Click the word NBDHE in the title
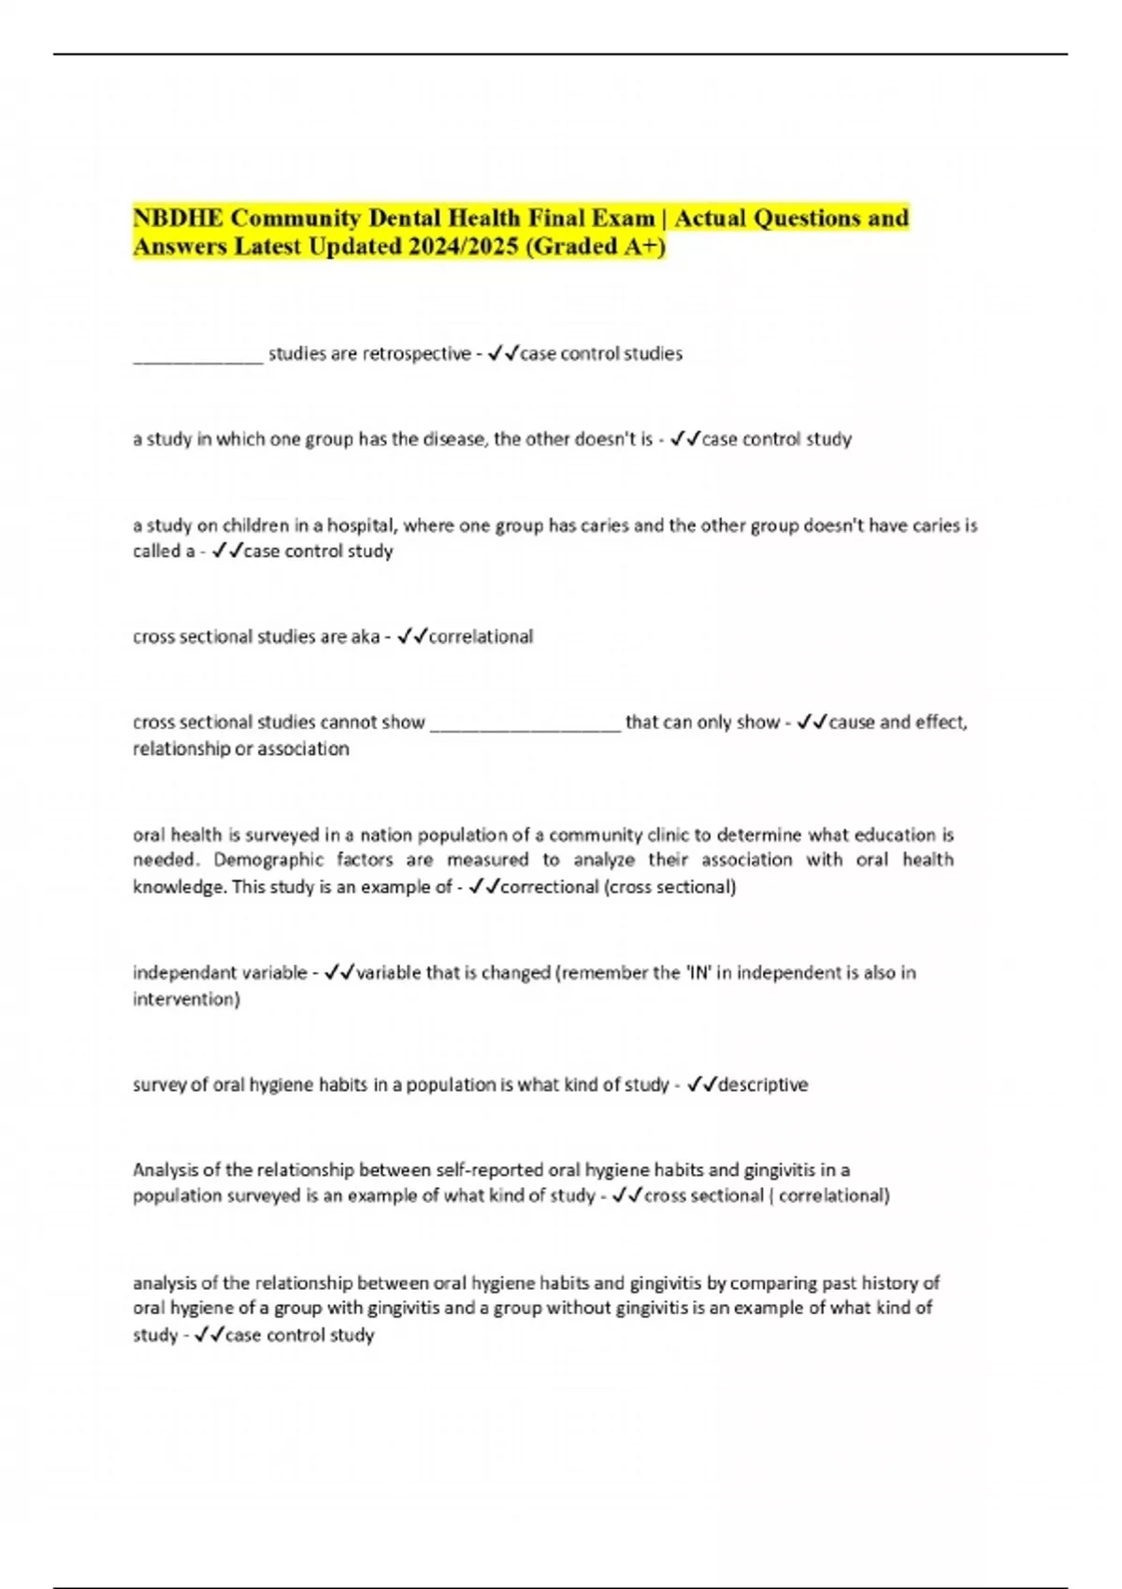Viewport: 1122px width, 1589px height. [178, 219]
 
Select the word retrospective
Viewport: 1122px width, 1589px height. [416, 354]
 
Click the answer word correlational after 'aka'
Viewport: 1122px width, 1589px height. [481, 637]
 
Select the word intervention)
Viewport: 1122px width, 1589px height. [186, 999]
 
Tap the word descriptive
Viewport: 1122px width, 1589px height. [763, 1085]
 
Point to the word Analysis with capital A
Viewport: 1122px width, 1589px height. [165, 1169]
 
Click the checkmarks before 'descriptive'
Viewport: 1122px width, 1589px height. [701, 1085]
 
